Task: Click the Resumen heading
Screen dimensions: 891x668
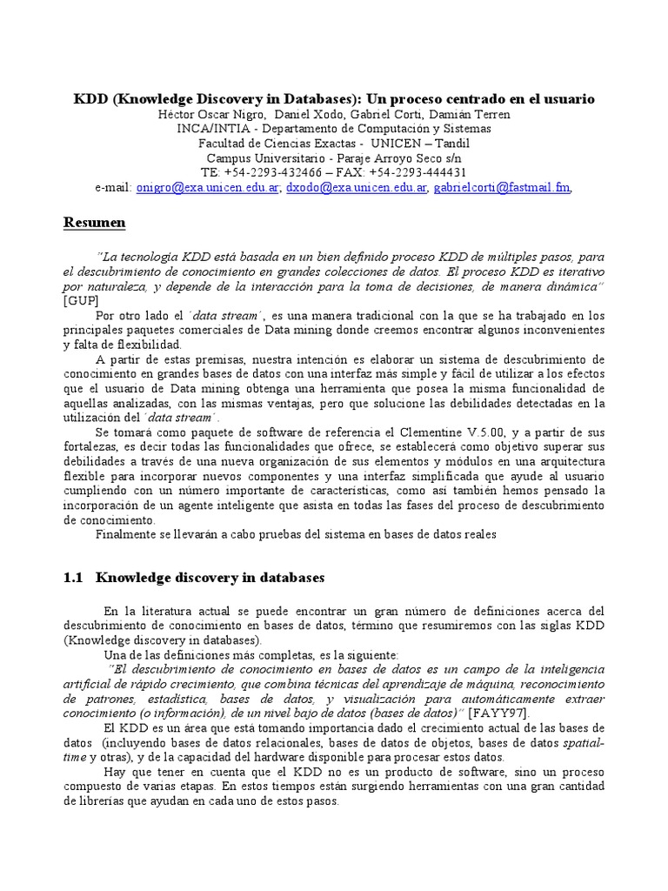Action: (x=95, y=223)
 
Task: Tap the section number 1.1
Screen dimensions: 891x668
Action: (x=74, y=577)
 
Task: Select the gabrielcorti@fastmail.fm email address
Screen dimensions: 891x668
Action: (x=502, y=187)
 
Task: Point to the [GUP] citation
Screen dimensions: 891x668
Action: (x=82, y=301)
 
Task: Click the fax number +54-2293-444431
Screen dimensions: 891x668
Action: (x=424, y=172)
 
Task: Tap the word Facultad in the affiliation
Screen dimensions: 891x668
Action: (x=224, y=143)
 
